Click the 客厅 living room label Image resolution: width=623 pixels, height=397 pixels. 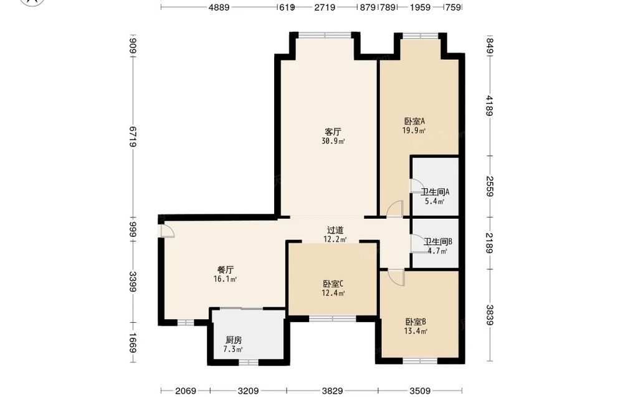click(333, 132)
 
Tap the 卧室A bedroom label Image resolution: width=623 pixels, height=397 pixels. click(415, 121)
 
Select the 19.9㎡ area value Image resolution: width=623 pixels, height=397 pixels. click(414, 131)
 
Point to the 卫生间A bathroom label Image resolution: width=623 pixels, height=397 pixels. click(435, 192)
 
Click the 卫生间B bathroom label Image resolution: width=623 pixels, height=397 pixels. click(438, 242)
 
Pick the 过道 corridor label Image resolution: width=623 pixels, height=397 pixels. click(335, 230)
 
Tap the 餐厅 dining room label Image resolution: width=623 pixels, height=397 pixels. click(226, 270)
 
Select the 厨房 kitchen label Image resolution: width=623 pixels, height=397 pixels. click(234, 340)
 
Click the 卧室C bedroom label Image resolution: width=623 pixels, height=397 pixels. click(333, 284)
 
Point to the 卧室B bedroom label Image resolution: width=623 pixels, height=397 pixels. click(416, 322)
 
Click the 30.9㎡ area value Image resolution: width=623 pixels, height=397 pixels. click(333, 141)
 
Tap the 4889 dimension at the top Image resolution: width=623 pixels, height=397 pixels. click(219, 7)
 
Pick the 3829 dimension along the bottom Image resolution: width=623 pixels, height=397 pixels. click(332, 391)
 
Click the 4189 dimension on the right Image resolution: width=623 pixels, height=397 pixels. click(490, 106)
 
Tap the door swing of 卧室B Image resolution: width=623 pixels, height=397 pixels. click(396, 277)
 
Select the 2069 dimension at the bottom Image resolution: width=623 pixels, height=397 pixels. click(186, 391)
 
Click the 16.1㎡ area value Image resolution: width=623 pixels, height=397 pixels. click(226, 279)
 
